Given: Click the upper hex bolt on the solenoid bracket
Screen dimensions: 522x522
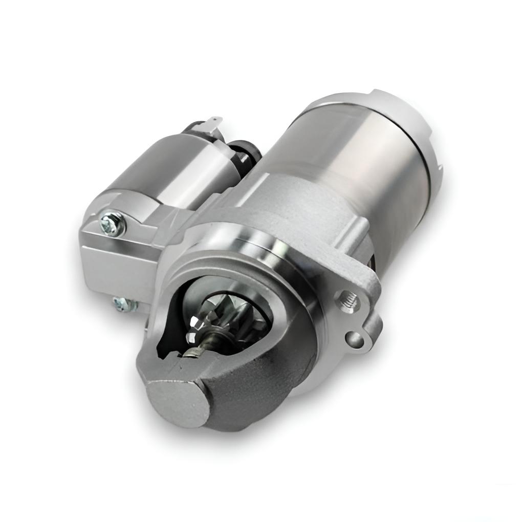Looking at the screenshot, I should click(113, 223).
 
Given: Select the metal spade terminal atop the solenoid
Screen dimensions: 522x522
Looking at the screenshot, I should click(215, 123).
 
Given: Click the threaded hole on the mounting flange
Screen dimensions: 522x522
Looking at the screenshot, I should click(348, 299).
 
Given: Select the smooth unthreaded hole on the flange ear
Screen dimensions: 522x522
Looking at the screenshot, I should click(353, 338).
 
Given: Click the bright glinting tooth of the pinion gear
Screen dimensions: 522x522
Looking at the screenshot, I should click(194, 322).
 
